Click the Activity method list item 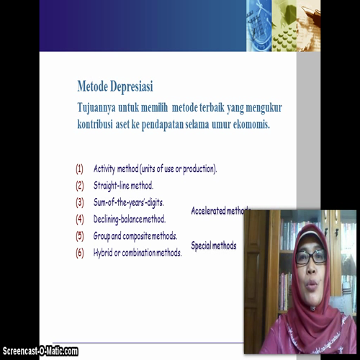[155, 169]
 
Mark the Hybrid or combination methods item [138, 252]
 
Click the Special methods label [213, 246]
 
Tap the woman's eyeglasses [310, 256]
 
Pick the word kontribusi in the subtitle [102, 125]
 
